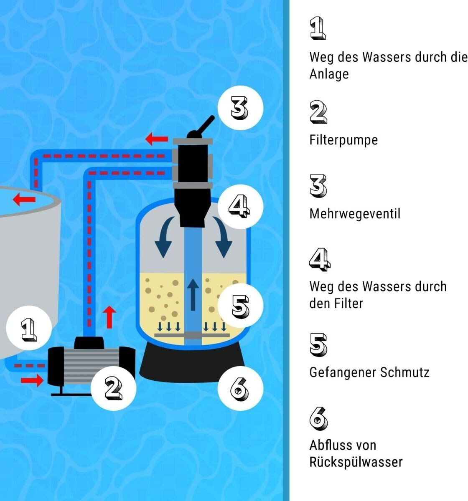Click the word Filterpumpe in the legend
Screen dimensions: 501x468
click(x=343, y=139)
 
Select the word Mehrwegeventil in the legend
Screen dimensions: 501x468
click(x=355, y=214)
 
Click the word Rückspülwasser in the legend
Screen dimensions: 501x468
click(x=356, y=462)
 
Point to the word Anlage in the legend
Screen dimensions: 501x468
click(x=329, y=74)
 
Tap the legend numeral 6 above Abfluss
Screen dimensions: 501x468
click(x=318, y=419)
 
